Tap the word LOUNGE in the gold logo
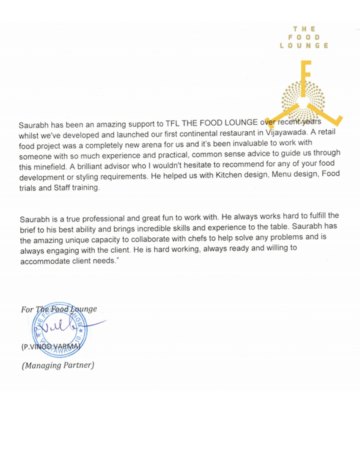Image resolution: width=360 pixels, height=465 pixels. [304, 46]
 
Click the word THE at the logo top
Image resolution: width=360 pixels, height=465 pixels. [304, 29]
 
